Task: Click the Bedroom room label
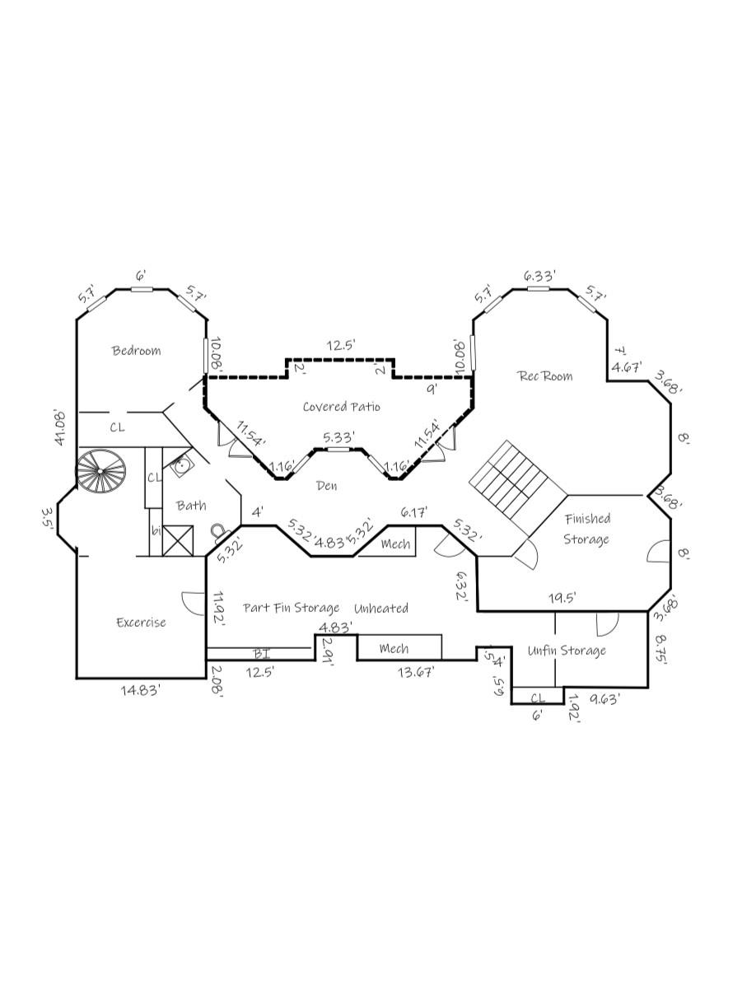(x=137, y=351)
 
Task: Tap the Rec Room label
(x=544, y=376)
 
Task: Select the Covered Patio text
(x=341, y=407)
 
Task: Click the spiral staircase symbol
(x=101, y=472)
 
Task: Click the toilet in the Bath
(x=219, y=531)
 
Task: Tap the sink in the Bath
(x=181, y=467)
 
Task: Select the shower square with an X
(x=177, y=540)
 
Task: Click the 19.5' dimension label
(x=563, y=599)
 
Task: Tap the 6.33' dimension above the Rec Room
(x=540, y=276)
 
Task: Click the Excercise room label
(x=141, y=623)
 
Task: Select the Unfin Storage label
(x=567, y=651)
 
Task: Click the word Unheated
(x=381, y=609)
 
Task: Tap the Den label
(x=327, y=486)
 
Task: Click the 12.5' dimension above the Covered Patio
(x=339, y=346)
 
